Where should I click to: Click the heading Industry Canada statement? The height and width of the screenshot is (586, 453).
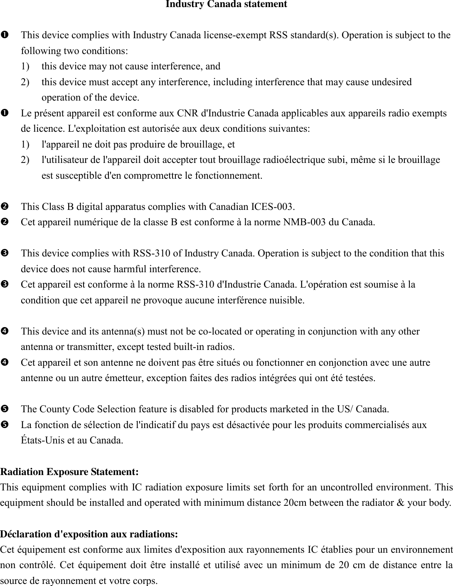[226, 5]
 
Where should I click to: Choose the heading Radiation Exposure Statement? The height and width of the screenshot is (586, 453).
[69, 472]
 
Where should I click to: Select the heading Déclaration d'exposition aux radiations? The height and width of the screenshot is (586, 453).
[89, 534]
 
